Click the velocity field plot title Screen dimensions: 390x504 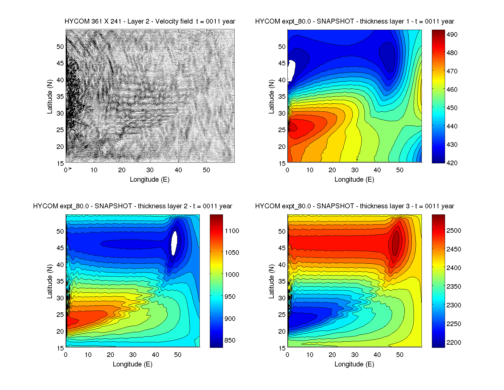pos(150,21)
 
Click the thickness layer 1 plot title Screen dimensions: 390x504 pos(354,21)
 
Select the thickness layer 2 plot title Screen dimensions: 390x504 pos(133,206)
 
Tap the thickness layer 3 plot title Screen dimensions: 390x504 pos(354,206)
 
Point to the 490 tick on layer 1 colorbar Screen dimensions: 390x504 pos(452,35)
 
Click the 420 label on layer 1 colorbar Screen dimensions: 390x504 pos(452,163)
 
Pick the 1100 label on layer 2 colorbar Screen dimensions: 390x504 pos(232,231)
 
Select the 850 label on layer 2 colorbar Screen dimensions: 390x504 pos(230,340)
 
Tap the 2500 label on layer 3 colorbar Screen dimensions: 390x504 pos(454,231)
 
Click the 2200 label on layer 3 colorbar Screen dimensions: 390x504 pos(454,343)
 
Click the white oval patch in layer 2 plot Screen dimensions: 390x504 pos(174,243)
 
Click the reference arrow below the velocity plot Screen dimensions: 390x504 pos(70,168)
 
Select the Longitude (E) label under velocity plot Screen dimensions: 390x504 pos(150,180)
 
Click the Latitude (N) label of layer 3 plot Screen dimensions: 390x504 pos(271,281)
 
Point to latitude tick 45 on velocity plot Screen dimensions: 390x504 pos(60,63)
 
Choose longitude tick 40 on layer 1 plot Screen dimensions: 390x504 pos(377,170)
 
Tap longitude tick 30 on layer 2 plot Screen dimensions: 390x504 pos(133,355)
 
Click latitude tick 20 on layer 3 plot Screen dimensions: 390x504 pos(282,332)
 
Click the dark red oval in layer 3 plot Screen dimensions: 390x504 pos(396,243)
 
